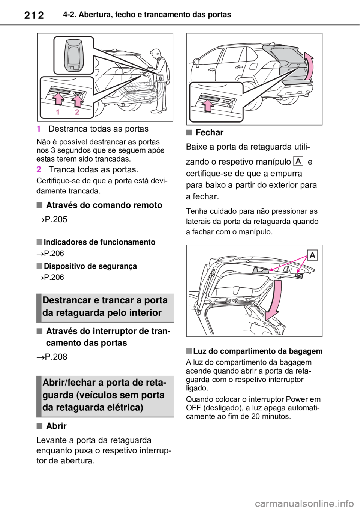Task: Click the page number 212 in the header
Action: pyautogui.click(x=34, y=15)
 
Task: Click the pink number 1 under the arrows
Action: pyautogui.click(x=58, y=112)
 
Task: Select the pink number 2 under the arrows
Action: pyautogui.click(x=77, y=112)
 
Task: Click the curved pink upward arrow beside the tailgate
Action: pyautogui.click(x=309, y=66)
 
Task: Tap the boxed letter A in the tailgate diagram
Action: pyautogui.click(x=312, y=255)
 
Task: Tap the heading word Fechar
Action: pyautogui.click(x=210, y=132)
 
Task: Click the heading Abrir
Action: pyautogui.click(x=56, y=426)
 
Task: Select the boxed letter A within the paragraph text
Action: pyautogui.click(x=298, y=161)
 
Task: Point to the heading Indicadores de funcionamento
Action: pyautogui.click(x=99, y=242)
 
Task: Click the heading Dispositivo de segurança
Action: pyautogui.click(x=90, y=266)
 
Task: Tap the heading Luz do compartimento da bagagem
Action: pyautogui.click(x=258, y=351)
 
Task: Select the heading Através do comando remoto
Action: pyautogui.click(x=104, y=205)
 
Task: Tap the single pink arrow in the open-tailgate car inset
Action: pyautogui.click(x=209, y=105)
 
